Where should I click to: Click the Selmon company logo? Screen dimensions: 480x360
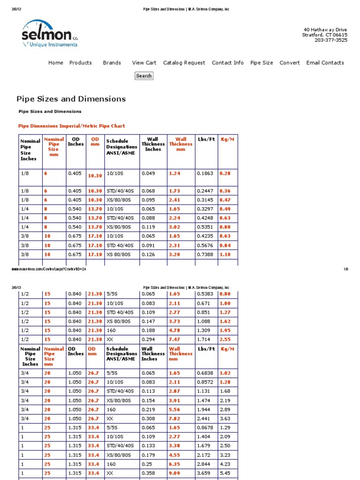click(49, 34)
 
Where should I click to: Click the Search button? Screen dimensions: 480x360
click(144, 76)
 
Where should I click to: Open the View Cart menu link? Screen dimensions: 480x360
click(144, 63)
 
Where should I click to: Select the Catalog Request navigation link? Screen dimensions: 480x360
click(184, 63)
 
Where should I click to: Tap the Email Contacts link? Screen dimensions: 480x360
click(325, 63)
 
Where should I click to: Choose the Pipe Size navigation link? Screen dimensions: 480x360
click(262, 63)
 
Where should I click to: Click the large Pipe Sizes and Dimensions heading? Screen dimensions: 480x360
click(71, 99)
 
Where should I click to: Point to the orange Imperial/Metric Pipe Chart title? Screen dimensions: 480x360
click(71, 126)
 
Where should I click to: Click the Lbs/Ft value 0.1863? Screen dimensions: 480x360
click(205, 173)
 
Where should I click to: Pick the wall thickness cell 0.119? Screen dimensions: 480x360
click(148, 227)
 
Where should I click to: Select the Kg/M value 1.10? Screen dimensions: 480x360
click(225, 255)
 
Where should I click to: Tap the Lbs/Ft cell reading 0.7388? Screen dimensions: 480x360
click(205, 255)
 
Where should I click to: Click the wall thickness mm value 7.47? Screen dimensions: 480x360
click(174, 339)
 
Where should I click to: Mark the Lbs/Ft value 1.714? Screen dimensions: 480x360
click(204, 339)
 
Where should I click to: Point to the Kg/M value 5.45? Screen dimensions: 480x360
click(225, 472)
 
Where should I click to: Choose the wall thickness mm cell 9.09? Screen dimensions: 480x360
click(174, 472)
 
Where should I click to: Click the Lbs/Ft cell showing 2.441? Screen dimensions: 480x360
click(204, 419)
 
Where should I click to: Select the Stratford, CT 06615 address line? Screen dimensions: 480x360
click(325, 35)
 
